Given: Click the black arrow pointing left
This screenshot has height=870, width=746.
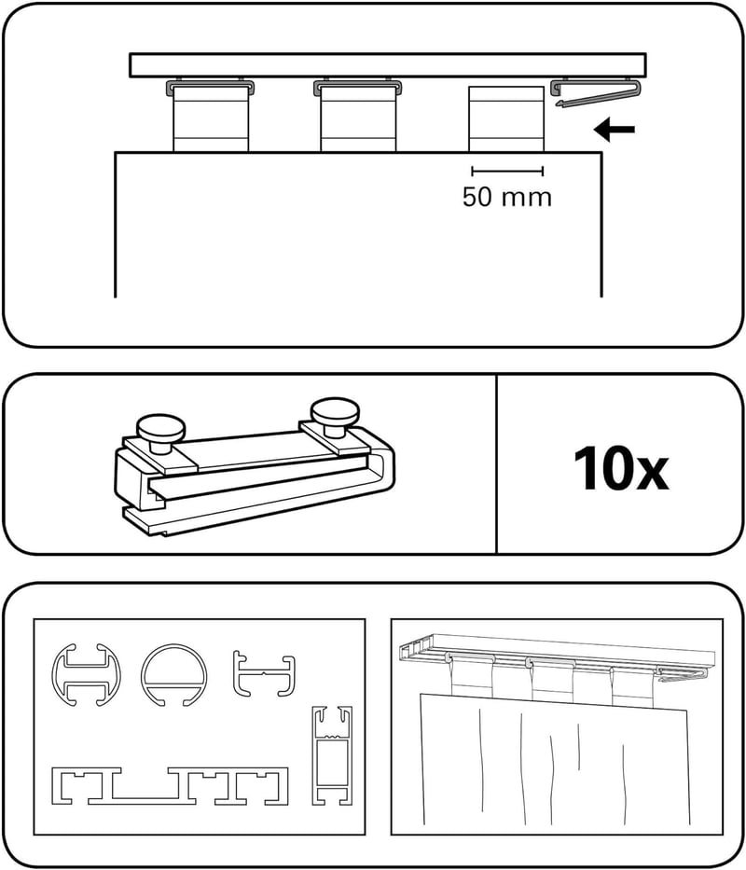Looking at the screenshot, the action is [x=614, y=130].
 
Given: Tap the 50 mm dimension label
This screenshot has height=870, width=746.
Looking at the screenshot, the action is [x=507, y=197].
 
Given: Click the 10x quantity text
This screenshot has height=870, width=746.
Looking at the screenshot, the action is [x=621, y=469].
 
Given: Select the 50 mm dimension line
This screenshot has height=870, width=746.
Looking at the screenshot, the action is [x=507, y=171].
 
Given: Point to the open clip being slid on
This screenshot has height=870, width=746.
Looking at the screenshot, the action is [x=599, y=92].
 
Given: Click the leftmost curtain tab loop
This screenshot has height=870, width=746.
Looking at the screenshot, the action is [x=211, y=118].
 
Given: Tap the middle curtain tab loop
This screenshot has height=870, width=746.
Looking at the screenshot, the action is [x=358, y=118].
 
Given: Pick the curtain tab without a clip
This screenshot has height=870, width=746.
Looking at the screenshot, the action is [x=506, y=118].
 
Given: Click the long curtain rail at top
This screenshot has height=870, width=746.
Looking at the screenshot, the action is [x=388, y=65].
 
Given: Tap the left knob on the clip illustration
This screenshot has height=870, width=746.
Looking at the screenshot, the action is [x=160, y=429].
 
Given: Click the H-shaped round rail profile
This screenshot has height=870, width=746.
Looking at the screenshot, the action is [x=86, y=675].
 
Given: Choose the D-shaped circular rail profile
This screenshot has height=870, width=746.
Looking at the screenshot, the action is [x=173, y=676].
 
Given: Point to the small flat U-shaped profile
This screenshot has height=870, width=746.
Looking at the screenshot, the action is [x=264, y=673].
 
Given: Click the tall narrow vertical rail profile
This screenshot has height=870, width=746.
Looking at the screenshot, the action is [x=332, y=755].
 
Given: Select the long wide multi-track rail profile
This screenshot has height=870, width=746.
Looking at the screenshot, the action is [x=170, y=786].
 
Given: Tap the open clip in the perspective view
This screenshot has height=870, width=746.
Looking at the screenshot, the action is [x=683, y=673].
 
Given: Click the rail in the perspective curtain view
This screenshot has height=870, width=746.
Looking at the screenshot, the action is [x=558, y=651].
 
